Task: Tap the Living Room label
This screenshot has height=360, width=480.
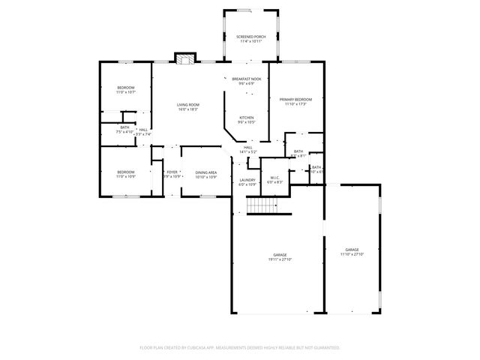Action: pyautogui.click(x=187, y=104)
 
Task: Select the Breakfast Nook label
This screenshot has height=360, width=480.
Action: pyautogui.click(x=246, y=79)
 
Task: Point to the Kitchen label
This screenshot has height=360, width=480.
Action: pyautogui.click(x=246, y=118)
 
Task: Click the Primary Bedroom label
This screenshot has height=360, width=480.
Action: pyautogui.click(x=295, y=99)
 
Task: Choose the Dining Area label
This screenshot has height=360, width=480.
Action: pyautogui.click(x=206, y=172)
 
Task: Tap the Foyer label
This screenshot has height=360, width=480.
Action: pyautogui.click(x=172, y=172)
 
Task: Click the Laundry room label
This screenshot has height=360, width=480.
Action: pyautogui.click(x=247, y=179)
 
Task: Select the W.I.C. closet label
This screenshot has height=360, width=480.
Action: pyautogui.click(x=274, y=178)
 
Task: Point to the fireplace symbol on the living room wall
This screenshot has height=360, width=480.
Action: pyautogui.click(x=184, y=58)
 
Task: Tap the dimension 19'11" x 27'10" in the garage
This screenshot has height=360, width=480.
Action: pyautogui.click(x=280, y=259)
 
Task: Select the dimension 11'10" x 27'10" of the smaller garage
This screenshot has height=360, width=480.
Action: pyautogui.click(x=352, y=254)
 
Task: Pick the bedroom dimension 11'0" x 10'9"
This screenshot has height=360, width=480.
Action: pyautogui.click(x=125, y=177)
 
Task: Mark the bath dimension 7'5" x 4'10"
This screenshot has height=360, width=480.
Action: pyautogui.click(x=124, y=133)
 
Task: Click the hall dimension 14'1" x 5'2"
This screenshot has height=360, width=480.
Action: pyautogui.click(x=247, y=152)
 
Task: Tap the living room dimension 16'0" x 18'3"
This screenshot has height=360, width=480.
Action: pyautogui.click(x=187, y=109)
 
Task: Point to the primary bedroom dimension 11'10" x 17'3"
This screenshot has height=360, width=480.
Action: pyautogui.click(x=295, y=104)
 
